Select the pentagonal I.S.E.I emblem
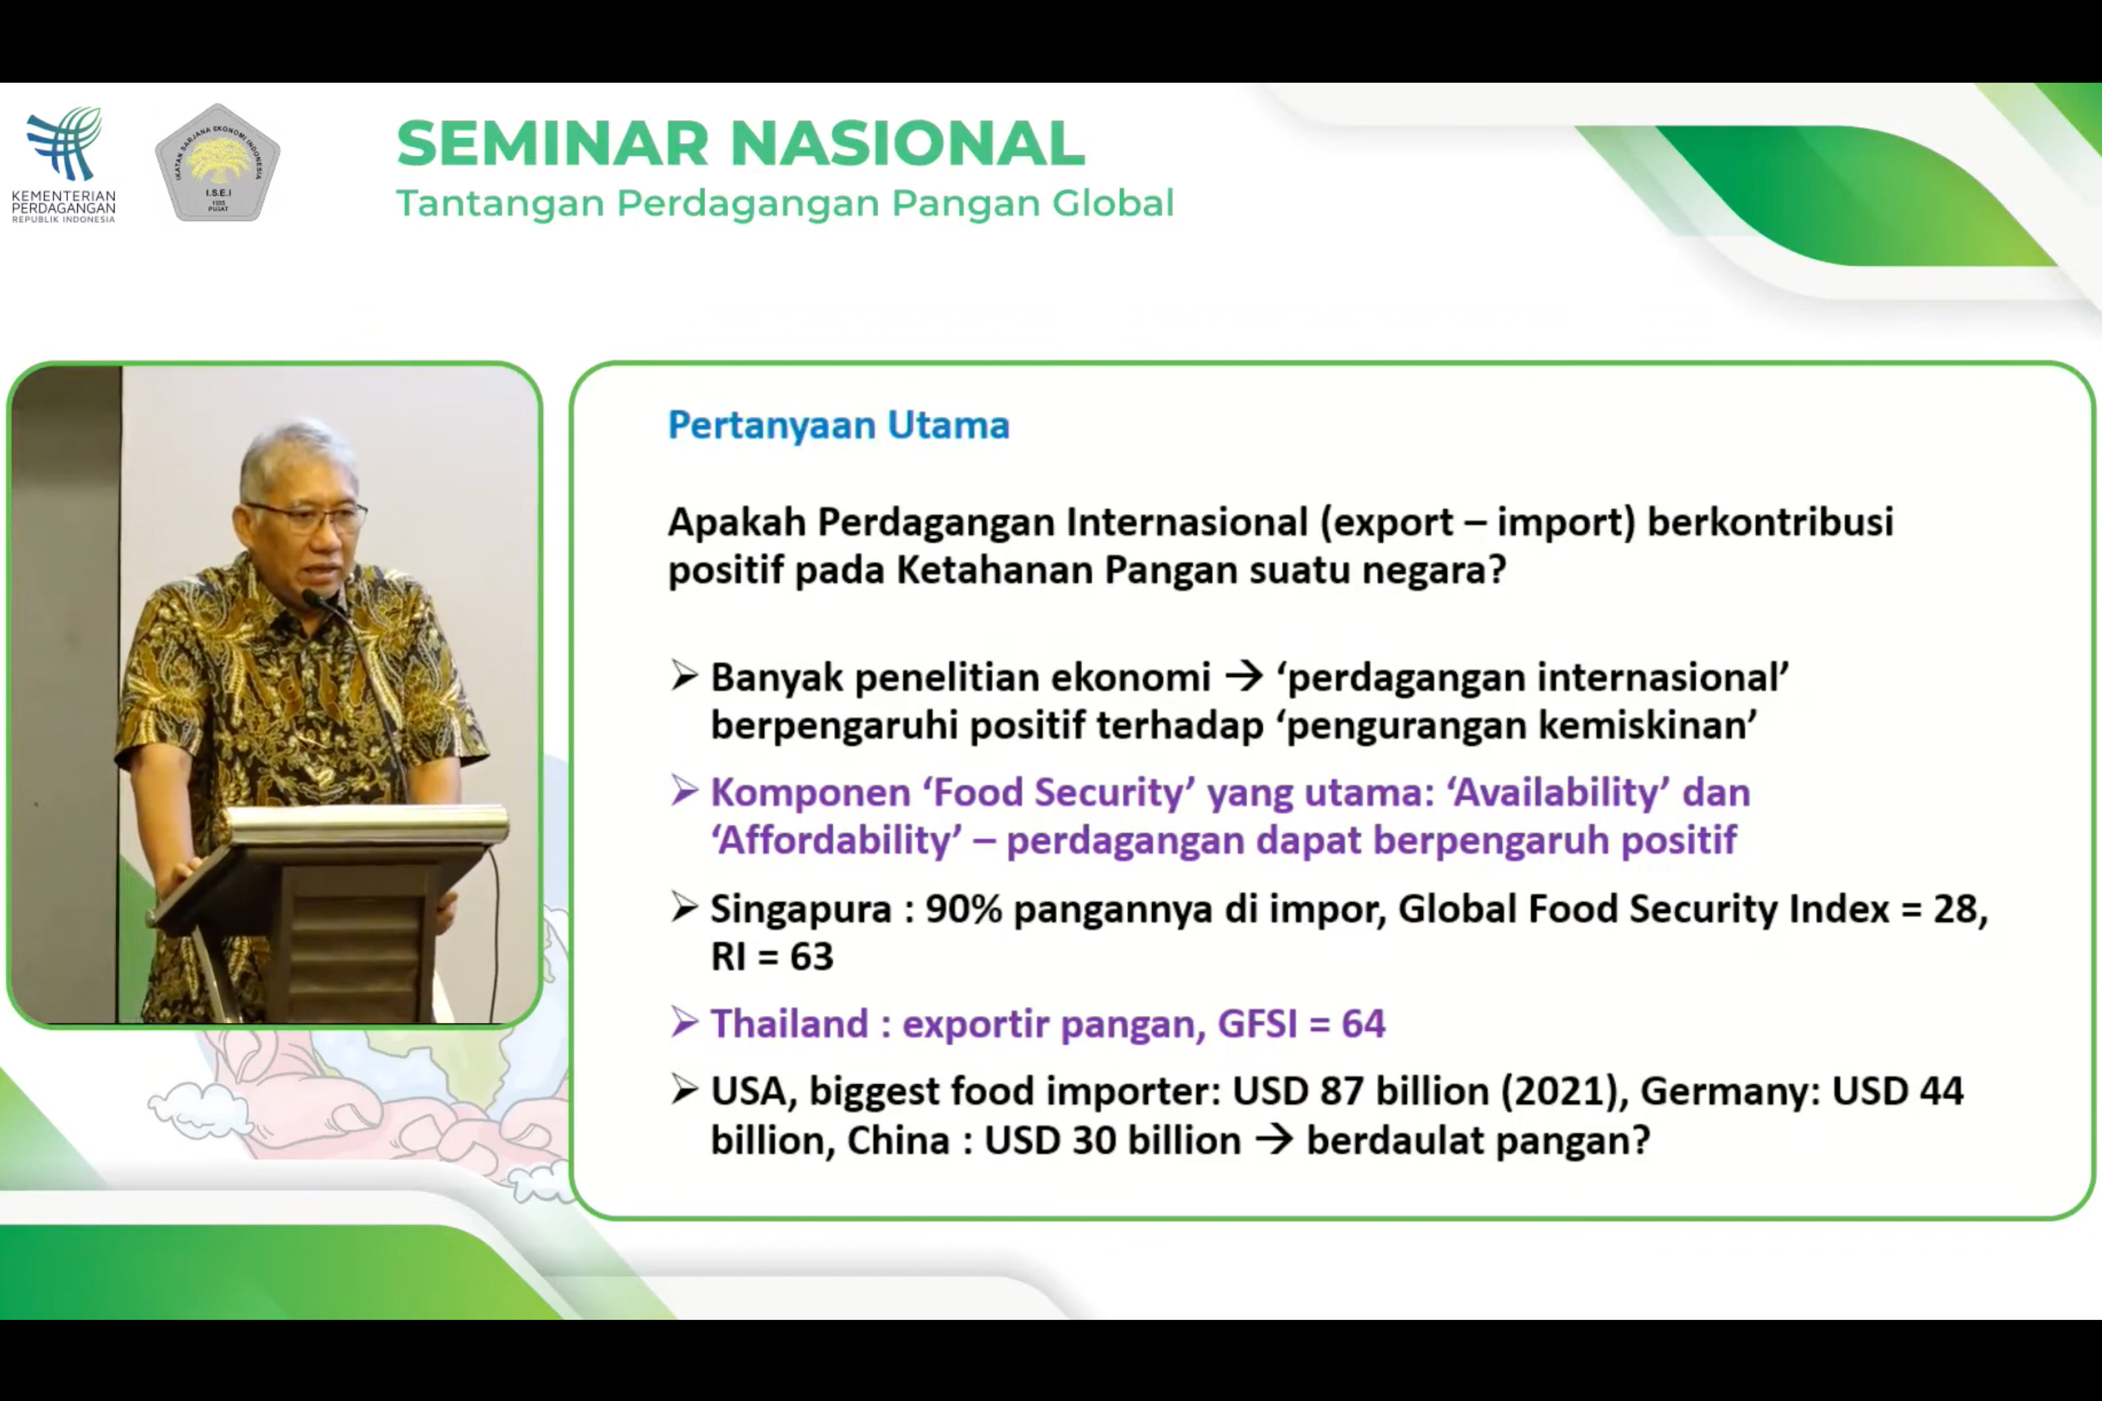tap(217, 163)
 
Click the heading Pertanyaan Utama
tap(838, 425)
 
